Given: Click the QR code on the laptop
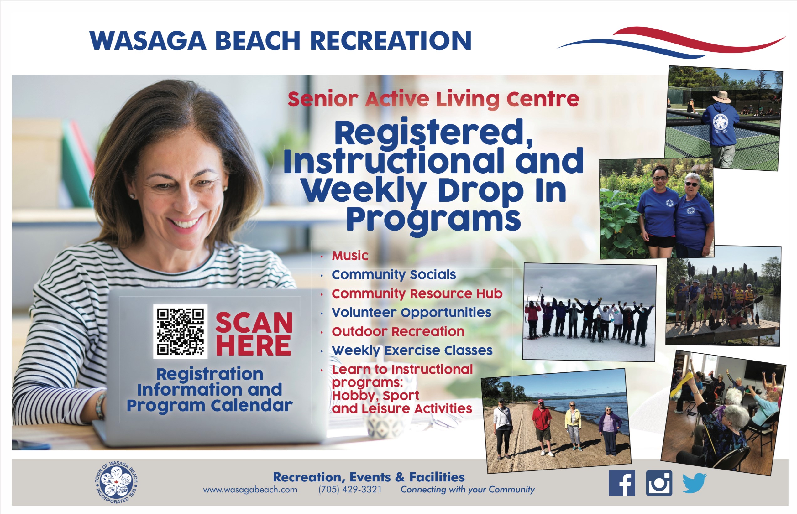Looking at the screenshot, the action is point(180,331).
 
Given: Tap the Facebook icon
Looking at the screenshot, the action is point(622,483).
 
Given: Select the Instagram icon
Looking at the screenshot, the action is point(659,483).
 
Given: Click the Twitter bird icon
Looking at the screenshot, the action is point(695,483).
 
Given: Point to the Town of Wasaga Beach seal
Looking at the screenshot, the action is point(116,482).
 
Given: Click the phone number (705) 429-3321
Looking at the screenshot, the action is point(350,490).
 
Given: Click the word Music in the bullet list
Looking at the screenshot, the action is point(350,256).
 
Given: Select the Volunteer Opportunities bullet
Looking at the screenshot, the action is point(412,313).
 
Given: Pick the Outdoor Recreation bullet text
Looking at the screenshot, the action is point(398,332).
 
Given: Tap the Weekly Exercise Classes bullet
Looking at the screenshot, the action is point(412,351).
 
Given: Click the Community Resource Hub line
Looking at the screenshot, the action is point(417,294).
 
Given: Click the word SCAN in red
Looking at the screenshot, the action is point(254,323).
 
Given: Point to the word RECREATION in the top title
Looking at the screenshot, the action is point(391,41).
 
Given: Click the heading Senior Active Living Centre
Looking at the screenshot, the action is point(433,100).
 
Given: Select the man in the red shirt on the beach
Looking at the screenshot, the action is point(542,427).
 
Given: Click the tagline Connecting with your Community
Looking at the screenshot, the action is point(467,490).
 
